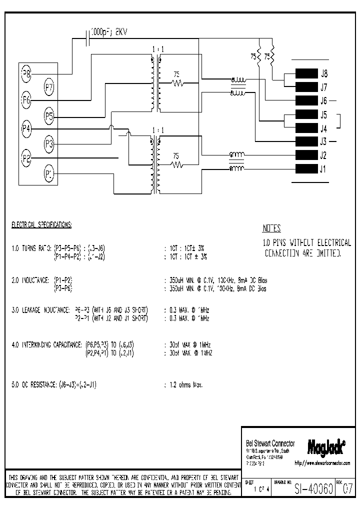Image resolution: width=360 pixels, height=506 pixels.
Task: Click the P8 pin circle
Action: tap(26, 75)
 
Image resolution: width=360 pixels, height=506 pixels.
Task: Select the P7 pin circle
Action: tap(49, 87)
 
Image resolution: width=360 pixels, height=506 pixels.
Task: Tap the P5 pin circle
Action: tap(49, 117)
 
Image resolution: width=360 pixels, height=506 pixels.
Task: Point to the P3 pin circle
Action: tap(49, 145)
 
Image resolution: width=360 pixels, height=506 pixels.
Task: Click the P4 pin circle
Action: tap(26, 129)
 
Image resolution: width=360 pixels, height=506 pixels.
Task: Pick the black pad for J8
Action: tap(307, 73)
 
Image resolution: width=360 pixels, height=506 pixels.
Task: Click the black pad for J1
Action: tap(307, 168)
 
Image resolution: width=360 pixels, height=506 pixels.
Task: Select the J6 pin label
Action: tap(324, 100)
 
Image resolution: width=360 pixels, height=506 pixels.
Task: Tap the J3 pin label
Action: tap(324, 141)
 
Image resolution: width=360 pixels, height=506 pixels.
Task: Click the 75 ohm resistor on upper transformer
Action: tap(177, 83)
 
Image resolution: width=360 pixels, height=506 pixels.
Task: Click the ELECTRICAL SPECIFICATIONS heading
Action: tap(41, 225)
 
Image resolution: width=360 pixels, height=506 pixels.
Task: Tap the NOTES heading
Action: tap(272, 229)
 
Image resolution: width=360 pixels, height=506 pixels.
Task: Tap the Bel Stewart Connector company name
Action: tap(270, 443)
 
